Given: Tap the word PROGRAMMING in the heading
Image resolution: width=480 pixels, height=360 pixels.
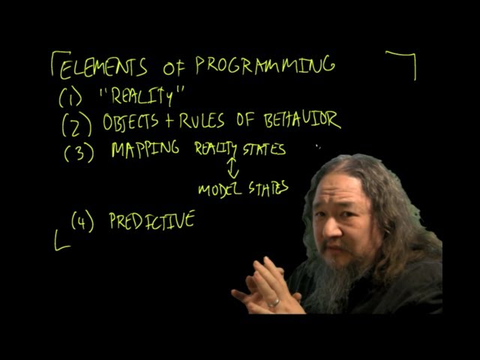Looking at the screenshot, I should (265, 66).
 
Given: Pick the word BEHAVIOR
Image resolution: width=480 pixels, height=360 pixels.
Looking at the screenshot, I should (301, 119).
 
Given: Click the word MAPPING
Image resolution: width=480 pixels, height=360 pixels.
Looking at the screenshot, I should (145, 148).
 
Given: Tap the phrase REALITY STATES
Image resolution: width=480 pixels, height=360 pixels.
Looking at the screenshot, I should (240, 149).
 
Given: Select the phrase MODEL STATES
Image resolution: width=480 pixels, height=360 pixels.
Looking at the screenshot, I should (243, 188).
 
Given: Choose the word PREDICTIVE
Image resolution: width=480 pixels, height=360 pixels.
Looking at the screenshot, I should (151, 220).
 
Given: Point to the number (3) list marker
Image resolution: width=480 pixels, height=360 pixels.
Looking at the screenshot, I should (79, 152).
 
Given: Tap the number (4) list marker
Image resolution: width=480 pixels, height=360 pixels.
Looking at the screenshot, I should (82, 222).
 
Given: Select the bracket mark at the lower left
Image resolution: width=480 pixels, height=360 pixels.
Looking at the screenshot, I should (61, 241).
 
